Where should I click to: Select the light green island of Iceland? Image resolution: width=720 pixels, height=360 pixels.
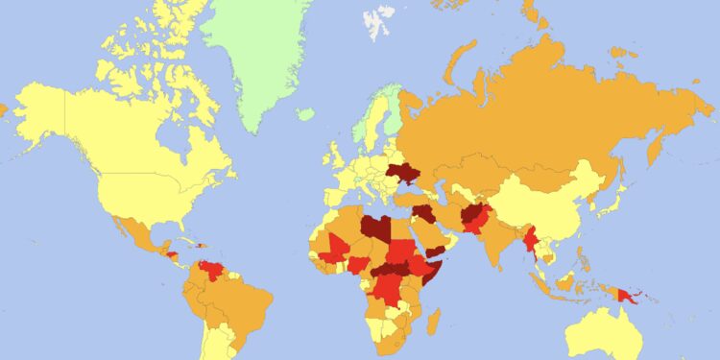tap(305, 114)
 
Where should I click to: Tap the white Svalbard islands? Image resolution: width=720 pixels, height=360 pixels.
tap(376, 19)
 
